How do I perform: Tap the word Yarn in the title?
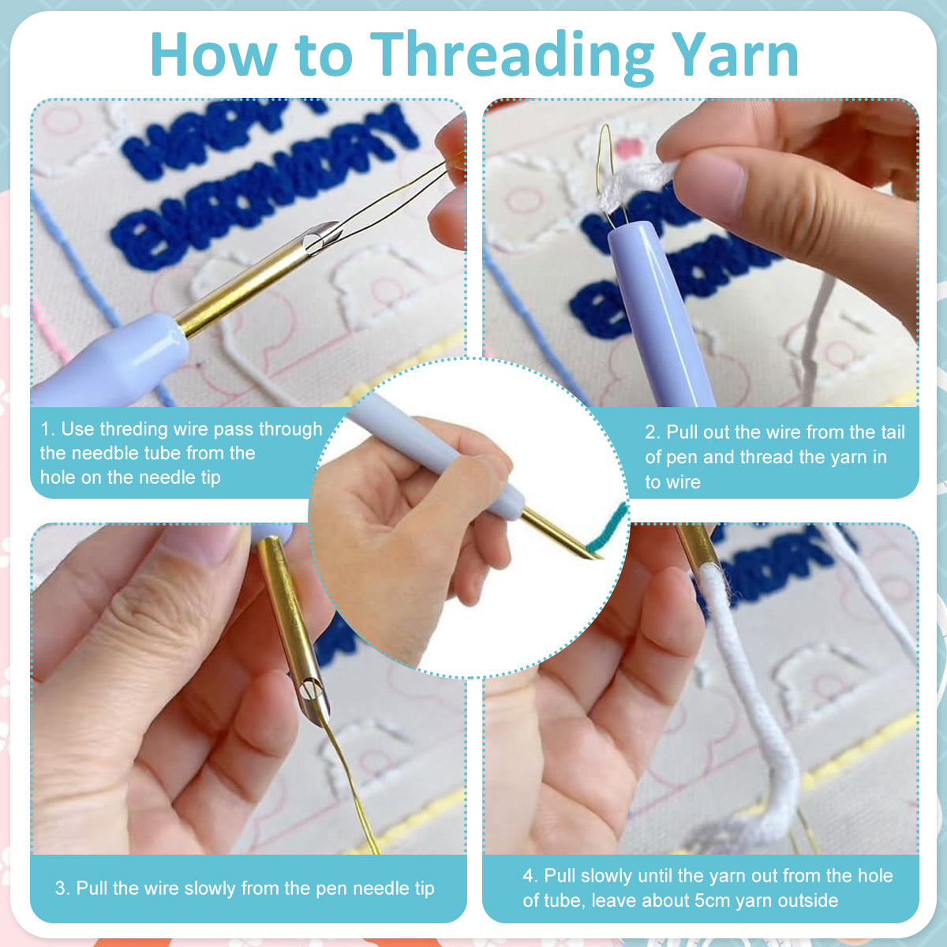[x=735, y=54]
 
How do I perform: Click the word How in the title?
[x=213, y=54]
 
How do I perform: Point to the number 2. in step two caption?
[x=653, y=432]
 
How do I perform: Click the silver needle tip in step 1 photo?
[x=323, y=236]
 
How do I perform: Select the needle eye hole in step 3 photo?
[x=309, y=688]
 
